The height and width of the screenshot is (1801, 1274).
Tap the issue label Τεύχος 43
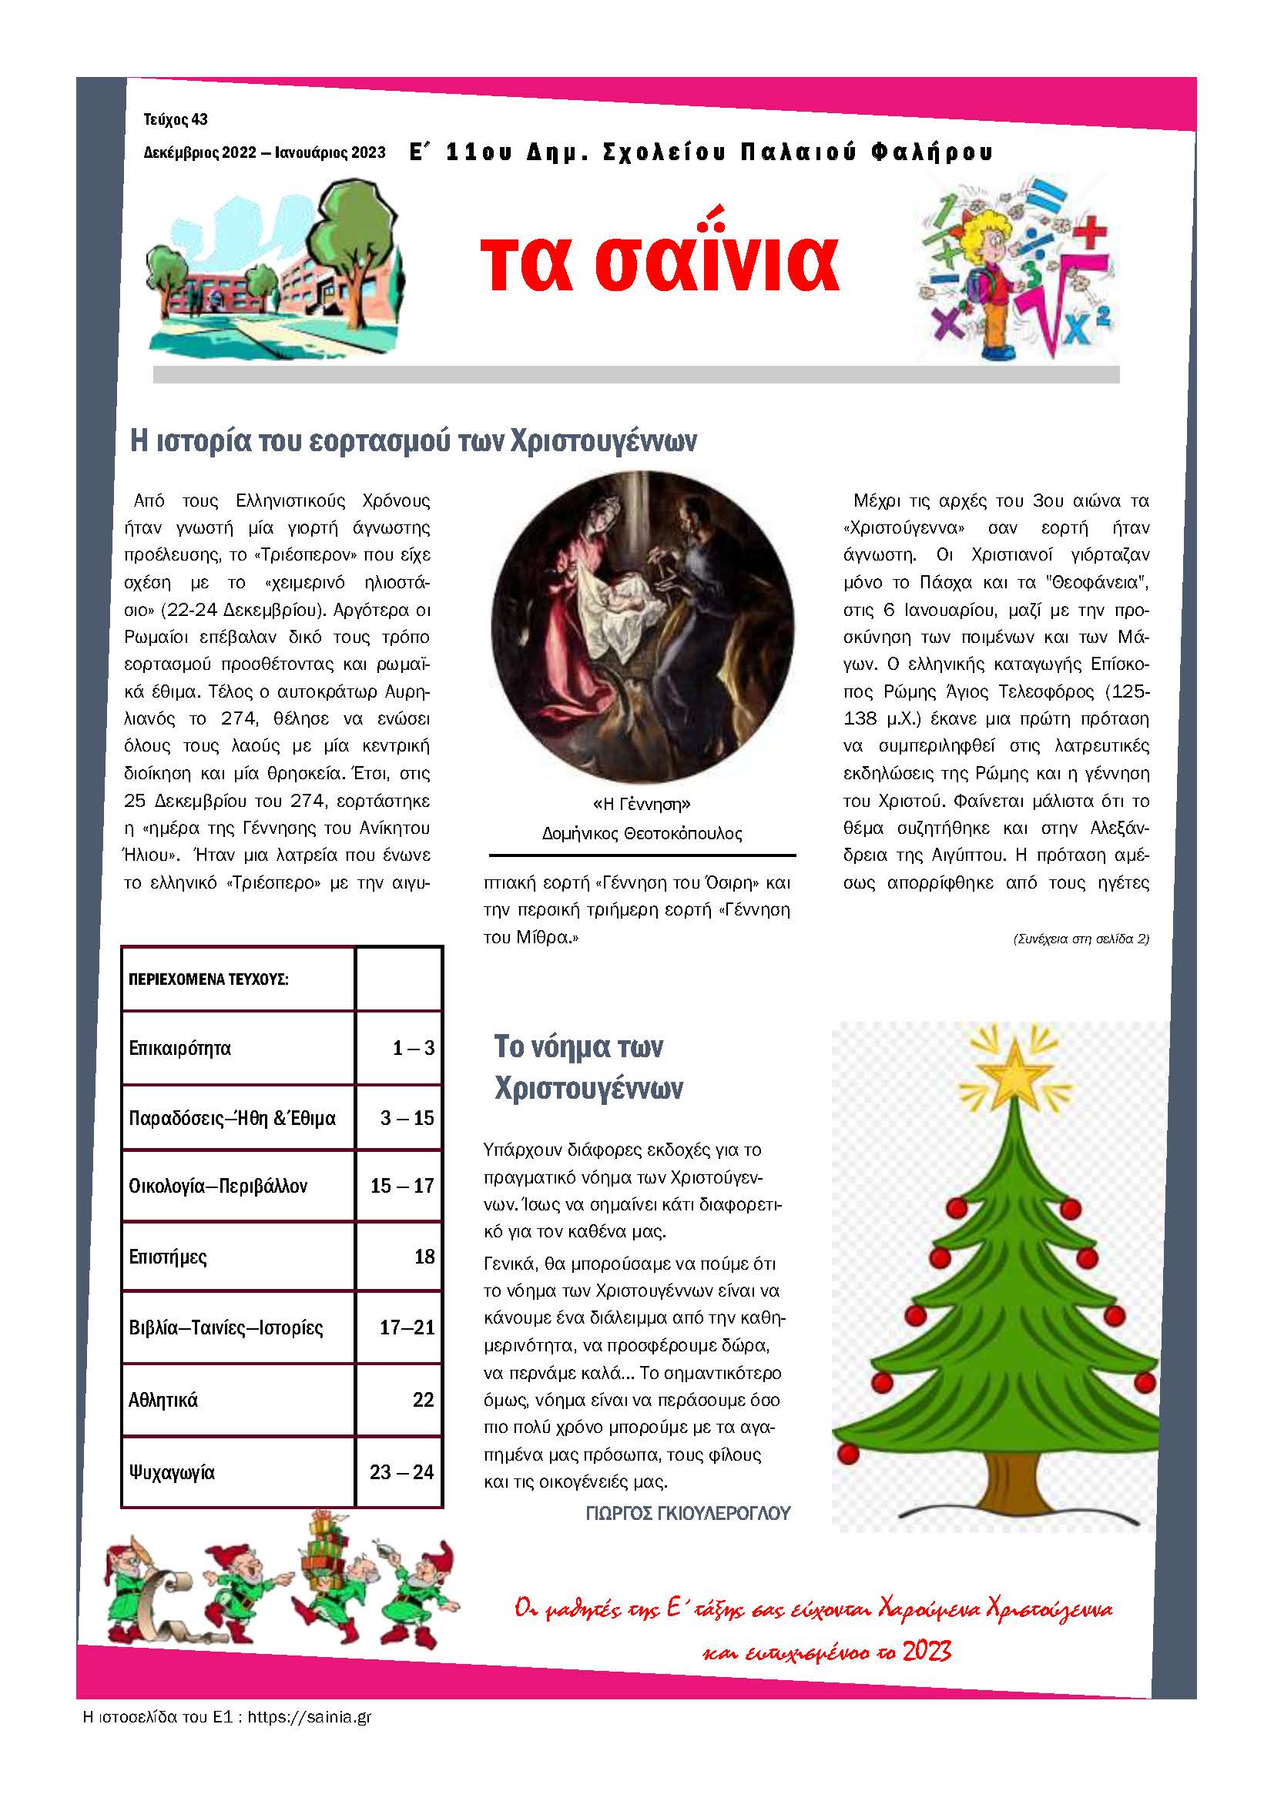[x=176, y=120]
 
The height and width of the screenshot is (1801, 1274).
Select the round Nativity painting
[x=642, y=626]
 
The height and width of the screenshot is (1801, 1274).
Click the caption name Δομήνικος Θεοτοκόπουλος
[x=642, y=833]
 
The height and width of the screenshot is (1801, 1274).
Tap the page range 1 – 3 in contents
[x=414, y=1048]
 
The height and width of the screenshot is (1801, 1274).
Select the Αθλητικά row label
[x=163, y=1400]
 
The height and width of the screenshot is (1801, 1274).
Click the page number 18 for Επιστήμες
[x=424, y=1257]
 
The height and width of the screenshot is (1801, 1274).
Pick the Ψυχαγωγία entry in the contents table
[x=172, y=1472]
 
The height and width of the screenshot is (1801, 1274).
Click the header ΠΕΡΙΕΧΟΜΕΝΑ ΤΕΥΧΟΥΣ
[x=209, y=979]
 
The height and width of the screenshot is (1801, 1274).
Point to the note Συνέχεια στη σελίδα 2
[x=1080, y=939]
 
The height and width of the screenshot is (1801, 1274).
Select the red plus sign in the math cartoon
[x=1089, y=233]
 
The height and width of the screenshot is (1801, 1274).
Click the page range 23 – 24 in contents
[x=401, y=1472]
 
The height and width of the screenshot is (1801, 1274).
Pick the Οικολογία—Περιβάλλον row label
[x=218, y=1186]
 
